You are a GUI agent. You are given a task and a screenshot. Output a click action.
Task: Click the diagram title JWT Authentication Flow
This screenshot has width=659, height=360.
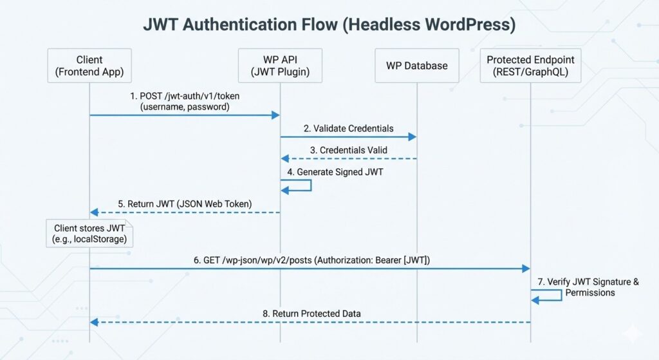tap(329, 24)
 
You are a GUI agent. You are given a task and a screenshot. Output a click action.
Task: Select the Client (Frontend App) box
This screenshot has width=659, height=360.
tap(89, 66)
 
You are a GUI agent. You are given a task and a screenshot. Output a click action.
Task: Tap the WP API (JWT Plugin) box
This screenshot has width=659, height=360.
tap(279, 66)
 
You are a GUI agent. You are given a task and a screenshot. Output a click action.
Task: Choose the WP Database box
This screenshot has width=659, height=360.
tap(416, 66)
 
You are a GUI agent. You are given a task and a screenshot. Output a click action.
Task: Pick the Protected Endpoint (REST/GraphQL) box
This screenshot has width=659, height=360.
tap(530, 66)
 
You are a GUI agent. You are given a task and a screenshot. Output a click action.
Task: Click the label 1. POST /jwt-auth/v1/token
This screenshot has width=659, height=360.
tap(185, 101)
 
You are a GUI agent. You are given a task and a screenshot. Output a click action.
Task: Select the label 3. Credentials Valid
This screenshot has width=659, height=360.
tap(349, 149)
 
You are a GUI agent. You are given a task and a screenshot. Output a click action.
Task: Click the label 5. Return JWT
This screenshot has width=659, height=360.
tap(185, 204)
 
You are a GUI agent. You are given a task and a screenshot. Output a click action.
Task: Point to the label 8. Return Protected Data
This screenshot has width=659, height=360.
tap(311, 313)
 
